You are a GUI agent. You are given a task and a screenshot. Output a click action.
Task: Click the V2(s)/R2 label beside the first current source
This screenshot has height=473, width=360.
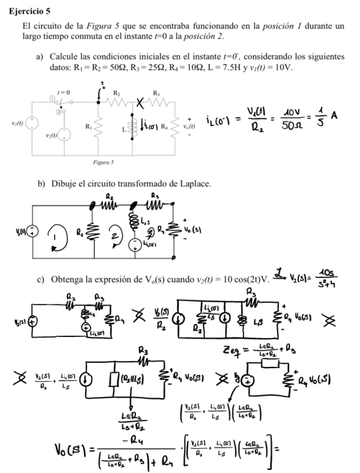coord(157,323)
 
